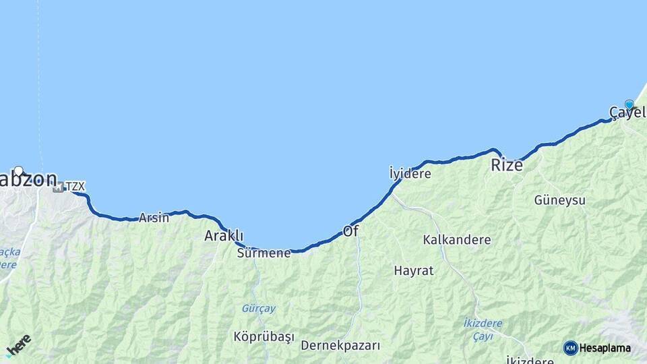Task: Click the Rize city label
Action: [507, 164]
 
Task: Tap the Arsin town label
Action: [154, 218]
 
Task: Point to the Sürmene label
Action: [264, 253]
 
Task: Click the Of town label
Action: [351, 231]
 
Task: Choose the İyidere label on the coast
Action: [410, 173]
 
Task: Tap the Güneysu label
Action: [559, 200]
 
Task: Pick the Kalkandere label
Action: [457, 240]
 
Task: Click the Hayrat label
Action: [414, 271]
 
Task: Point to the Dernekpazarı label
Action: [340, 346]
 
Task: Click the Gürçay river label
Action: [259, 309]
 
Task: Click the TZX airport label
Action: [75, 187]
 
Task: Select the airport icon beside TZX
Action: [59, 187]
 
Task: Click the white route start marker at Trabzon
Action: [19, 171]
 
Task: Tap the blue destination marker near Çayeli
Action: [629, 104]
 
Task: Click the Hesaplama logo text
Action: [605, 348]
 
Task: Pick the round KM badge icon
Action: [571, 348]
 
